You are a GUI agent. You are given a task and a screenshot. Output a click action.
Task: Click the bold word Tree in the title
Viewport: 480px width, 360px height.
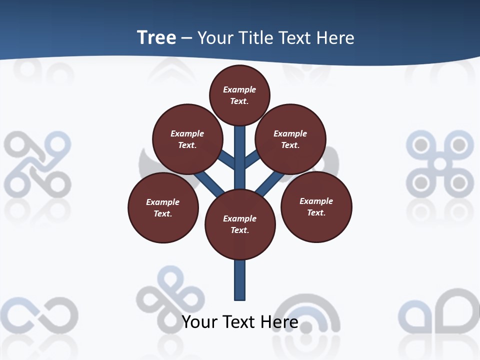156,37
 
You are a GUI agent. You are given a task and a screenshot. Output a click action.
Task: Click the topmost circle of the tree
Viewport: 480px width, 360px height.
239,95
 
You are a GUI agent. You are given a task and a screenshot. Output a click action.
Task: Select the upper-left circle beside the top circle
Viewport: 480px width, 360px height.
187,139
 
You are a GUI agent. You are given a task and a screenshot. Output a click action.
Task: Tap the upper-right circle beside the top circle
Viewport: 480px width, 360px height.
290,139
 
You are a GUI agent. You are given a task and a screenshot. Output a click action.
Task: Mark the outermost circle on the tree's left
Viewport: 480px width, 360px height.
163,207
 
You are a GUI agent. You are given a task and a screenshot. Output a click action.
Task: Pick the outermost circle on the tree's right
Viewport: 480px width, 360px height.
316,206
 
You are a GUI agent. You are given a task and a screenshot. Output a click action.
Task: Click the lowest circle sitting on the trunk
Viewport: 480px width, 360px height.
240,224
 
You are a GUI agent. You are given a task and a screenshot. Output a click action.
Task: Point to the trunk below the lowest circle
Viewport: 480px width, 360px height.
240,280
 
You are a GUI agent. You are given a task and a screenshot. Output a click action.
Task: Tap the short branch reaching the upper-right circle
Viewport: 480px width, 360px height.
252,158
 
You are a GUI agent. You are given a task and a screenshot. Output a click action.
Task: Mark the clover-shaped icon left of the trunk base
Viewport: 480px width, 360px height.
170,294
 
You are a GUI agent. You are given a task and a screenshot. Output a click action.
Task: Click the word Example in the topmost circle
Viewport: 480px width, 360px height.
239,89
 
